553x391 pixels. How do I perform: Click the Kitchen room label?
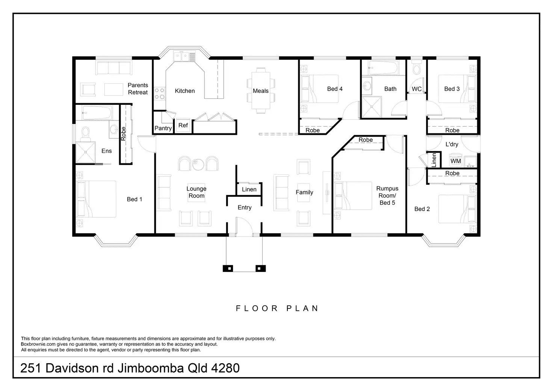(x=185, y=91)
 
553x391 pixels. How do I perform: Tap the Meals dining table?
(x=261, y=91)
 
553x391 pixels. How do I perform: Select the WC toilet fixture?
(x=417, y=67)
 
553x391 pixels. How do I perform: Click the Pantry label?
(x=163, y=128)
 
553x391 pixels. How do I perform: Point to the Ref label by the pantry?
(x=183, y=125)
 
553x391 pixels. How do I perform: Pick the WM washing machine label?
(x=455, y=161)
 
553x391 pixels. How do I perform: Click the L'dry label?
(x=452, y=144)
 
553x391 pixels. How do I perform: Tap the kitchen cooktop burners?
(x=160, y=94)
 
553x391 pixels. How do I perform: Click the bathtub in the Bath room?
(x=383, y=68)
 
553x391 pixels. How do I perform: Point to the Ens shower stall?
(x=85, y=152)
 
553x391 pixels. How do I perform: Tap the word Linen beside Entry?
(x=249, y=189)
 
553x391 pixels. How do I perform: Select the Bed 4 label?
(x=335, y=89)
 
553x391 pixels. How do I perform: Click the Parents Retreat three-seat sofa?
(x=114, y=68)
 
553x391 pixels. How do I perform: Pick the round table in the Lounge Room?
(x=198, y=164)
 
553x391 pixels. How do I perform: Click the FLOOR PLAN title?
(x=277, y=308)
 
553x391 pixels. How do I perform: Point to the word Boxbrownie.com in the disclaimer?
(x=38, y=344)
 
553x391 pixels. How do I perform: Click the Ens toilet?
(x=85, y=133)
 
